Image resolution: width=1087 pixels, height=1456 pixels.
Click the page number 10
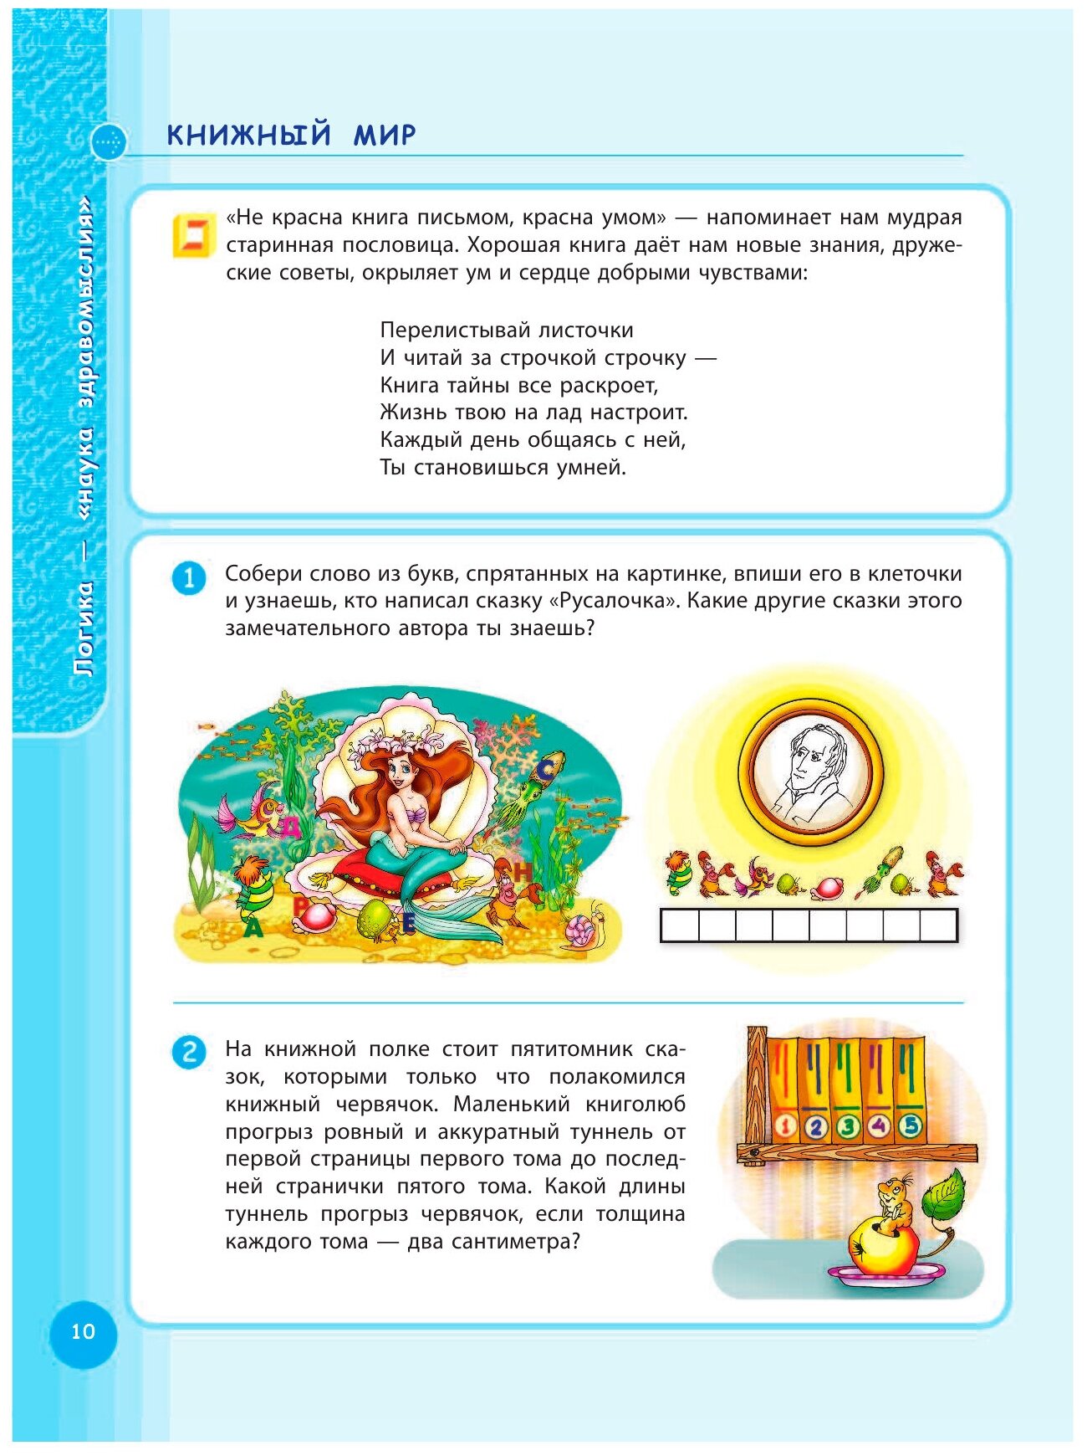(83, 1331)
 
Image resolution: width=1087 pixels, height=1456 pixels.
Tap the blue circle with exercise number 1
(188, 578)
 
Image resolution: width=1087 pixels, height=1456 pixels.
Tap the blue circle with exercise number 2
(188, 1052)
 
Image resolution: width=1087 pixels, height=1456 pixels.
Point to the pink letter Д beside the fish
(288, 828)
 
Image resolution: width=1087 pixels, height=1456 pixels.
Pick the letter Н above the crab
(523, 872)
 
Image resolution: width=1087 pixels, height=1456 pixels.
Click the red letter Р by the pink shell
(300, 906)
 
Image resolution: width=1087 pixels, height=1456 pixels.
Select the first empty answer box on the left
(680, 925)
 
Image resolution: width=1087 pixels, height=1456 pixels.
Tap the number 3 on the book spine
(847, 1126)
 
